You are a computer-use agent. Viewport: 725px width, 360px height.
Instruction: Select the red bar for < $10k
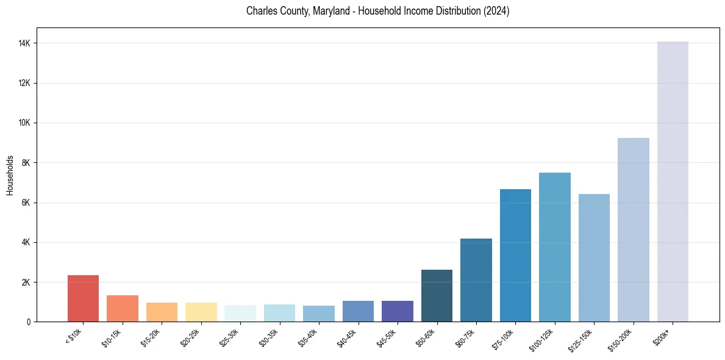pyautogui.click(x=83, y=298)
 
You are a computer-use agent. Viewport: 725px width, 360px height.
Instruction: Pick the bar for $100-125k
pyautogui.click(x=555, y=247)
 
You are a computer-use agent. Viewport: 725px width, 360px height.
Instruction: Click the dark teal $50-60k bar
pyautogui.click(x=437, y=296)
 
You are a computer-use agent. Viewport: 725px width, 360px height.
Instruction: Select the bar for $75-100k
pyautogui.click(x=515, y=256)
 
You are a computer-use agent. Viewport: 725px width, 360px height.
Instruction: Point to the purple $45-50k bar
pyautogui.click(x=398, y=311)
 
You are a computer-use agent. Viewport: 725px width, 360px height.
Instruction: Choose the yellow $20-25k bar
pyautogui.click(x=201, y=312)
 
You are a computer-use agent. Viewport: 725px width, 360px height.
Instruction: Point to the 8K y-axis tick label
pyautogui.click(x=26, y=163)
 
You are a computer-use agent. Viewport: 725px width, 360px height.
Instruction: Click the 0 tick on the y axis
pyautogui.click(x=29, y=322)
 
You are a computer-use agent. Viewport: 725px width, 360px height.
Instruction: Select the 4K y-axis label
pyautogui.click(x=26, y=242)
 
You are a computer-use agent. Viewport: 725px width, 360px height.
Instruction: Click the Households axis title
pyautogui.click(x=10, y=175)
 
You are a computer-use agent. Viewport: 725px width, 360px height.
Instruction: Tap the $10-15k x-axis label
pyautogui.click(x=112, y=337)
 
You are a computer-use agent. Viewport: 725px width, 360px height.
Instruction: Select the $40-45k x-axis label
pyautogui.click(x=348, y=337)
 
